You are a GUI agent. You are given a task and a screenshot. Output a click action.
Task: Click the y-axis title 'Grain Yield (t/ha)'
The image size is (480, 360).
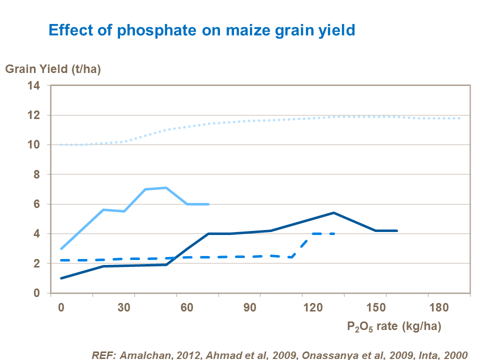(53, 69)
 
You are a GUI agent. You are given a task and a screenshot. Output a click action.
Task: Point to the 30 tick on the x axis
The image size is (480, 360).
(124, 307)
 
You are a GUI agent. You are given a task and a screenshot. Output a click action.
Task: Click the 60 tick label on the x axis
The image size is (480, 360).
(187, 307)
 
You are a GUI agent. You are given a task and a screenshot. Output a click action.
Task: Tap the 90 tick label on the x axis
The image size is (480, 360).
(250, 307)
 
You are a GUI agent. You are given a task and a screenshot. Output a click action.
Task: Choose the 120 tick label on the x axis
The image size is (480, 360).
(313, 307)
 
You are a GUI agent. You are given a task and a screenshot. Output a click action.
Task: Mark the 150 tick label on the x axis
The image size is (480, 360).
(376, 307)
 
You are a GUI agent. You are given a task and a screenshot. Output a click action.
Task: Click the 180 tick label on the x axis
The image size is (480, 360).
(439, 307)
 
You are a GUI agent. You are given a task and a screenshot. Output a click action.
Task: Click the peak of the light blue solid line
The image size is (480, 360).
(166, 187)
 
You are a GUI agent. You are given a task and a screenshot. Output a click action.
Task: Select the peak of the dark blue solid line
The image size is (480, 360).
(333, 212)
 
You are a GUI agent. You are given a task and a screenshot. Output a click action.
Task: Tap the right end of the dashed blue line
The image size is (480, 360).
(334, 233)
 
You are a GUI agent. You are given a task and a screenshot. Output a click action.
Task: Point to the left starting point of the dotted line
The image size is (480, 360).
(61, 145)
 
